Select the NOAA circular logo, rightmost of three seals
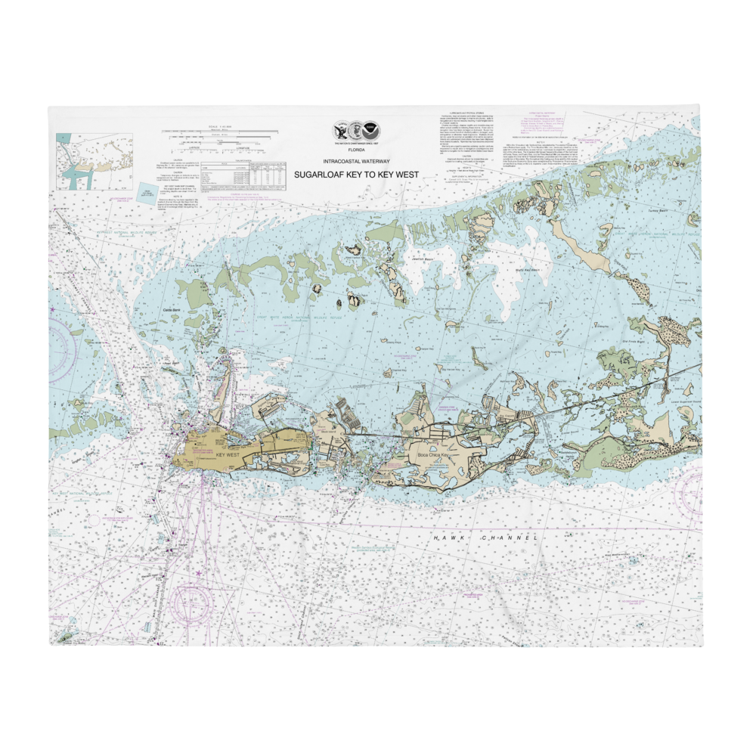click(370, 130)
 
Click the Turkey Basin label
click(659, 212)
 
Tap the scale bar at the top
click(219, 136)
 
